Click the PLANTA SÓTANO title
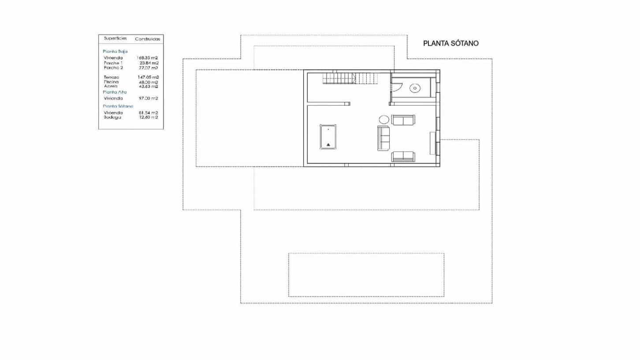tap(450, 44)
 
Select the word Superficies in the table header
tap(115, 38)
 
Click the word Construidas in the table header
tap(148, 39)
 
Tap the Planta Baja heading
tap(115, 52)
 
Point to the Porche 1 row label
tap(113, 63)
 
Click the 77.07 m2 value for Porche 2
tap(148, 68)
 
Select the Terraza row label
tap(112, 77)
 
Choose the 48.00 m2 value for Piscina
tap(148, 82)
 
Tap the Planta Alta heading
tap(115, 92)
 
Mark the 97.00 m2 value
tap(148, 98)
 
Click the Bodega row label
tap(112, 117)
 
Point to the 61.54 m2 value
tap(148, 112)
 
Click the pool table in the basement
tap(328, 137)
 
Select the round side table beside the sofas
tap(384, 119)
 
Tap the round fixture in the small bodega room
tap(414, 88)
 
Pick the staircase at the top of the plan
tap(350, 79)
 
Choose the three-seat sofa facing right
tap(383, 138)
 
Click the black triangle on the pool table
tap(328, 144)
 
